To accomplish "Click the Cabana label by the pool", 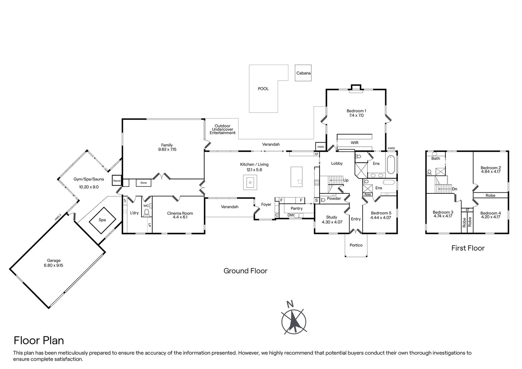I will tap(303, 73).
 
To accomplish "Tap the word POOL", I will tap(263, 89).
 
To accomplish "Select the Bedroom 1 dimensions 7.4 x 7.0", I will tap(356, 115).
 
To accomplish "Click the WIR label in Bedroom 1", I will tap(354, 143).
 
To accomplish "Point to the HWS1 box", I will tap(321, 147).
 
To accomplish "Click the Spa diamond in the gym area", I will tap(102, 220).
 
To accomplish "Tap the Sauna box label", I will tap(117, 181).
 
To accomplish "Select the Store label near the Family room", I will tap(144, 183).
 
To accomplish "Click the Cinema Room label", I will tap(180, 213).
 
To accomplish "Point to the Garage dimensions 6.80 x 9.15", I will tap(53, 265).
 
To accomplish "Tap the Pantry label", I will tap(297, 208).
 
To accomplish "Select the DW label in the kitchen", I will tap(290, 215).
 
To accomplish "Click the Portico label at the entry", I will tap(356, 245).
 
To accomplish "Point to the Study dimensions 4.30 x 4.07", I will tap(332, 222).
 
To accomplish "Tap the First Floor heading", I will tap(468, 248).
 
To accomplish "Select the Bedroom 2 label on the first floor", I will tap(491, 168).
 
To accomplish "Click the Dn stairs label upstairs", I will tap(455, 189).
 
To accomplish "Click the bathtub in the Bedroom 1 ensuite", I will tap(391, 165).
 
